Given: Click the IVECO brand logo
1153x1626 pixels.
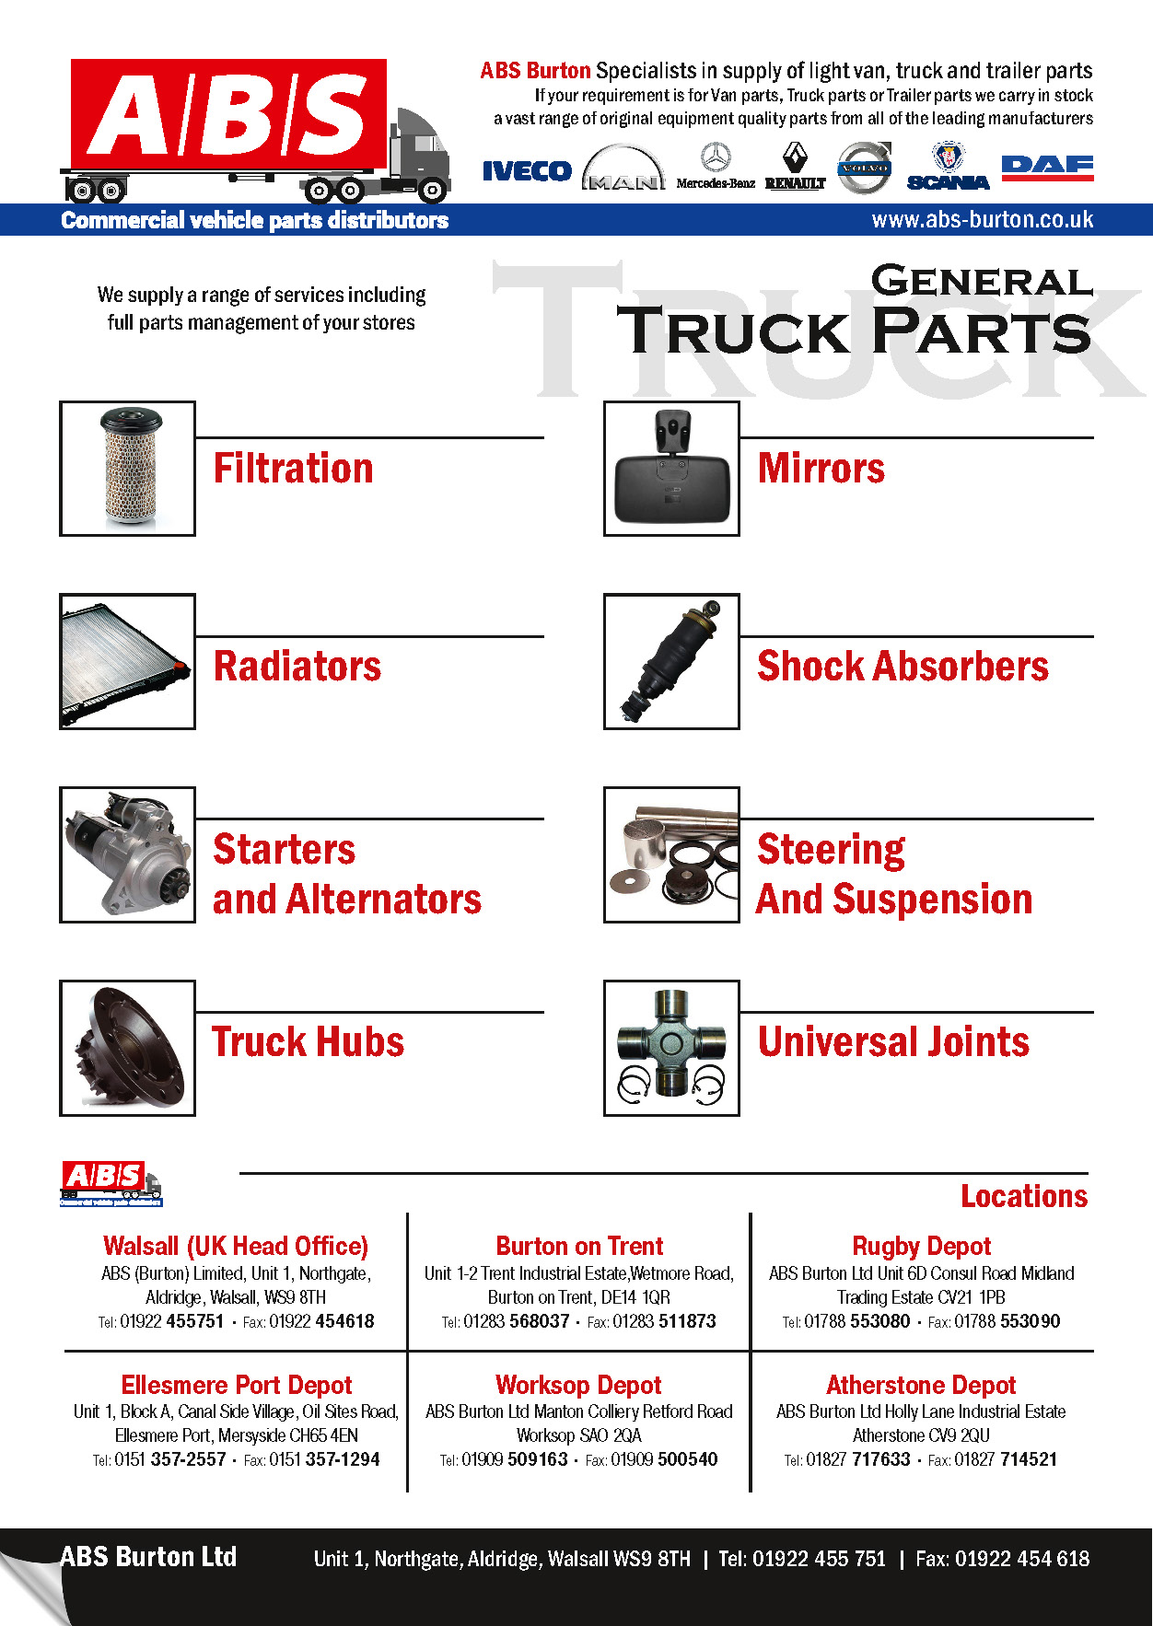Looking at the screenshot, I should [527, 171].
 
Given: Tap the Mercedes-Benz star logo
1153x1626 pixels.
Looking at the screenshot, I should [716, 158].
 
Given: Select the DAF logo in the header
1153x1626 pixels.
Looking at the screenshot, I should [1047, 166].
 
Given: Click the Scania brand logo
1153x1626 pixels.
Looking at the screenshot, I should [948, 168].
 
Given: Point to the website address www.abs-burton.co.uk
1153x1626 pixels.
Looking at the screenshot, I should [982, 220].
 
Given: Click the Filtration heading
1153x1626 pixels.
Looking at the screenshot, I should [294, 468].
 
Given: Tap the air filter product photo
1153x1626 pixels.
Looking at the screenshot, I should [128, 468].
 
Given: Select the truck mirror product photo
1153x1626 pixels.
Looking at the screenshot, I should [671, 468].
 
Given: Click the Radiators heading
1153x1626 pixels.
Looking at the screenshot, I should [297, 666].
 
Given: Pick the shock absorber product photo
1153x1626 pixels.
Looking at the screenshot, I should [671, 661].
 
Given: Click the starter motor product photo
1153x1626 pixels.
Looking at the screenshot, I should [128, 854].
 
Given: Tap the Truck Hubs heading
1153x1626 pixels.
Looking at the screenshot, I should [309, 1042].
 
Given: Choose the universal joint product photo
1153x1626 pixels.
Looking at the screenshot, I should [671, 1048].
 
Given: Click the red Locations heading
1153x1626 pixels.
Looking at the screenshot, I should [1024, 1196].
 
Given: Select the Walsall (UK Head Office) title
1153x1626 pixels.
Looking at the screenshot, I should [236, 1246].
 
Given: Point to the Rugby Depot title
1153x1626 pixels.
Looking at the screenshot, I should [921, 1246].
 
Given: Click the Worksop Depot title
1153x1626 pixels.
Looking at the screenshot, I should [578, 1385].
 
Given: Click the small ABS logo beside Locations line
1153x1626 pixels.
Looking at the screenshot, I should [111, 1183].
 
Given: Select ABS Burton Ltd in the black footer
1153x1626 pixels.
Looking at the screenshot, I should [148, 1557].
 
